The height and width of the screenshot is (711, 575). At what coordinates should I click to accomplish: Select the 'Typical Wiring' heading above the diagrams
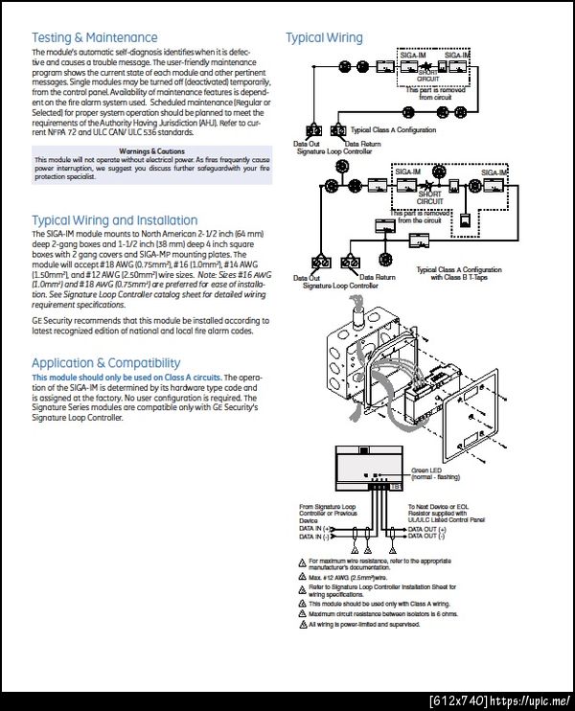click(324, 38)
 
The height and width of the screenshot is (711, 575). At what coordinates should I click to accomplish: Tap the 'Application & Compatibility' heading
click(105, 363)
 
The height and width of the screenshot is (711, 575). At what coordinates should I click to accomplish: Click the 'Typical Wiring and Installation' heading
click(114, 220)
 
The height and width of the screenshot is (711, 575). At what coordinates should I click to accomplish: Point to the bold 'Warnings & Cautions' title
click(152, 150)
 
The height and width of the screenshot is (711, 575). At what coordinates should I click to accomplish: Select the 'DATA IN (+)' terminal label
click(316, 528)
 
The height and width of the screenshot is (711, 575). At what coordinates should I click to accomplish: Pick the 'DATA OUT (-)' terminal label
click(428, 536)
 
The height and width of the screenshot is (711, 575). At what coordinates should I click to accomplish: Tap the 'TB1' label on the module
click(396, 488)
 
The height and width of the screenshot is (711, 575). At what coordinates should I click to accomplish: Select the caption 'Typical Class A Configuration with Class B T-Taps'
click(459, 273)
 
